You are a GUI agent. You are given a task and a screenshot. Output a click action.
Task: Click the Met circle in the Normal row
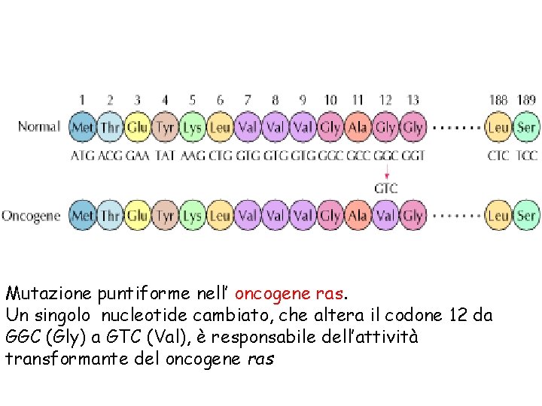point(82,127)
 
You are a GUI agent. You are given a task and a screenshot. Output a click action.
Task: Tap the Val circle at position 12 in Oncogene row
point(385,216)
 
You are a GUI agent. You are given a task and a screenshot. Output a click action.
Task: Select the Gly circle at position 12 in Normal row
point(385,127)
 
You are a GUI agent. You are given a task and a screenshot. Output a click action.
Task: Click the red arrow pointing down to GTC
point(385,171)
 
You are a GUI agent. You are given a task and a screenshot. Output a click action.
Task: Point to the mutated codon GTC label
point(385,188)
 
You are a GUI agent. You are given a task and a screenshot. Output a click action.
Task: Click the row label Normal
point(39,126)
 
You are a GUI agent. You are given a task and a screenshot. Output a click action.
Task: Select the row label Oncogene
point(31,216)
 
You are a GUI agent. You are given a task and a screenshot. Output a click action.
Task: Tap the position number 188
point(498,99)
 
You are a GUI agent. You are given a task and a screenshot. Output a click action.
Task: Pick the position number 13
point(413,99)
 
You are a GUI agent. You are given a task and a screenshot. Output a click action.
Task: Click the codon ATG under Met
point(83,156)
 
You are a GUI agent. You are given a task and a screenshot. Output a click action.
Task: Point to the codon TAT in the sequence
point(165,156)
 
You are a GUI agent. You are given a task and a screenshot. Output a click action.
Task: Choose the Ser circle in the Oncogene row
point(525,216)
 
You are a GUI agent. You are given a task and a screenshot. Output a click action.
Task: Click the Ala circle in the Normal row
point(358,127)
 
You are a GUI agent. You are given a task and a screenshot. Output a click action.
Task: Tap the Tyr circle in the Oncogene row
point(165,216)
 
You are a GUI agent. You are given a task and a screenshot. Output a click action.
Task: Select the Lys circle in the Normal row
point(193,127)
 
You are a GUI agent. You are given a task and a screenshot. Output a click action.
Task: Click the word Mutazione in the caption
point(47,292)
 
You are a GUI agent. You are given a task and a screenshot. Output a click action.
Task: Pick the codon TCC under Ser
point(526,156)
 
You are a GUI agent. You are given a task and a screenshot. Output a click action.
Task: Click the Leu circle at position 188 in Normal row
point(498,127)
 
